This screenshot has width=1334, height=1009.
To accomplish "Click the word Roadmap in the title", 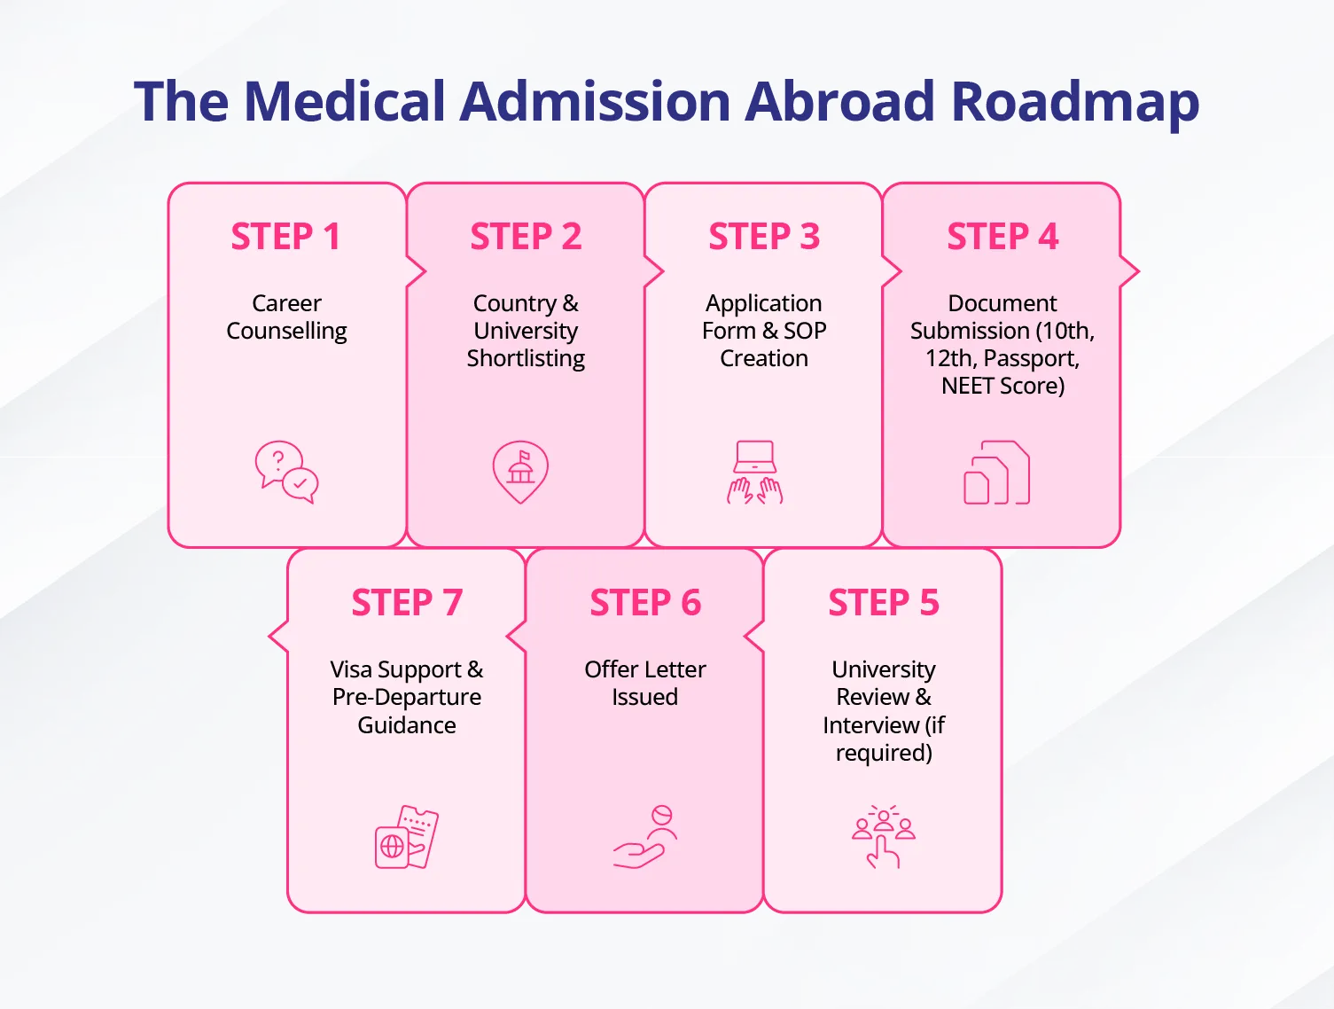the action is tap(1074, 102).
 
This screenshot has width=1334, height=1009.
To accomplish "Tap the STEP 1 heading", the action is tap(285, 236).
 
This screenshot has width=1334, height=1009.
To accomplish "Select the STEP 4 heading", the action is tap(1002, 236).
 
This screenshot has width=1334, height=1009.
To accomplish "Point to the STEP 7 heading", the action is tap(407, 602).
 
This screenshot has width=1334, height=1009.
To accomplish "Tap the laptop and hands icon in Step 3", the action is tap(755, 473).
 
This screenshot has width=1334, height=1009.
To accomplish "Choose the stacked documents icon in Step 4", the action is tap(996, 473).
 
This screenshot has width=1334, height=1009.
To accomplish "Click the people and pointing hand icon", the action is tap(883, 837).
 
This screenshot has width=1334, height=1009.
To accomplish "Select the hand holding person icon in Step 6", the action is tap(644, 837).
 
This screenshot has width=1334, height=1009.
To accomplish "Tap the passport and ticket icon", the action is tap(407, 837).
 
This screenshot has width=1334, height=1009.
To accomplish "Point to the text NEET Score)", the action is tap(1002, 386).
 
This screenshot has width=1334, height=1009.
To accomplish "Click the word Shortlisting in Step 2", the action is tap(526, 358).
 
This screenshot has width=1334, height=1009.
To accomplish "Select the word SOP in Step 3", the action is tap(805, 330).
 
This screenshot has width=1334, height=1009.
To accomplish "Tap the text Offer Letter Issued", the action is tap(644, 683).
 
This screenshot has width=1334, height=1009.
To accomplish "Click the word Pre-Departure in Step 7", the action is tap(407, 697).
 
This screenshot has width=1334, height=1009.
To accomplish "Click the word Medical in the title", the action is tap(345, 101).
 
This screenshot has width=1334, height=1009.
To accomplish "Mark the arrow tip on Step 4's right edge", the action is tap(1139, 271).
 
